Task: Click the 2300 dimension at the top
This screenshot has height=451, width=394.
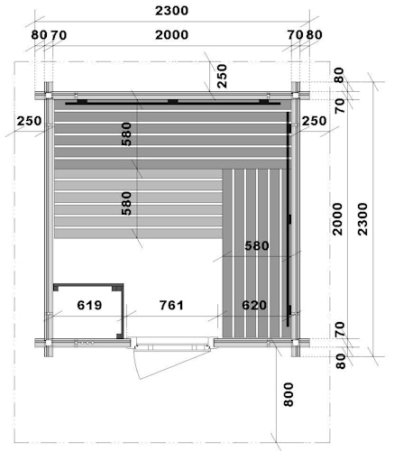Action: pyautogui.click(x=171, y=11)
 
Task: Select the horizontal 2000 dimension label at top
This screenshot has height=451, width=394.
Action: pyautogui.click(x=171, y=35)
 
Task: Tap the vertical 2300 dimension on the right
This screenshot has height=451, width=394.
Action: pyautogui.click(x=362, y=219)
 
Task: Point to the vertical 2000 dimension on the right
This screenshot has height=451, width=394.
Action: pyautogui.click(x=338, y=219)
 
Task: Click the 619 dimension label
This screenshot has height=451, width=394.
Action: pyautogui.click(x=89, y=305)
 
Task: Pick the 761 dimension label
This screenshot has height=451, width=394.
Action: pyautogui.click(x=171, y=305)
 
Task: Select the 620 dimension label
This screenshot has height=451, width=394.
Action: pyautogui.click(x=254, y=305)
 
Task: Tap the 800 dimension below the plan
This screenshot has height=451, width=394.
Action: pyautogui.click(x=289, y=394)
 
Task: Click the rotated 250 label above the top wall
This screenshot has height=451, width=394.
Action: pyautogui.click(x=222, y=76)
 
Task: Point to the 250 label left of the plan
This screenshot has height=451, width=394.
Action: pyautogui.click(x=29, y=121)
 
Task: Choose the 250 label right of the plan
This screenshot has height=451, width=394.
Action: pyautogui.click(x=314, y=121)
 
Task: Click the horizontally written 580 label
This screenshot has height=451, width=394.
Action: pyautogui.click(x=257, y=246)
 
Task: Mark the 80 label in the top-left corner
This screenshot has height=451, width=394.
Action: pyautogui.click(x=39, y=35)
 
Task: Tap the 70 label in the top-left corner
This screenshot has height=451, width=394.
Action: pyautogui.click(x=59, y=35)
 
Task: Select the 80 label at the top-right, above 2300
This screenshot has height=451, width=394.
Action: pyautogui.click(x=314, y=35)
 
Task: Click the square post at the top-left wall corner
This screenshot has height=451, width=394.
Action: pyautogui.click(x=49, y=96)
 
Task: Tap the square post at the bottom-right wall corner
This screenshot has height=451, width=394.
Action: pyautogui.click(x=296, y=343)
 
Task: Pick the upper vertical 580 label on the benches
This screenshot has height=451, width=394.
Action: pyautogui.click(x=126, y=134)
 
